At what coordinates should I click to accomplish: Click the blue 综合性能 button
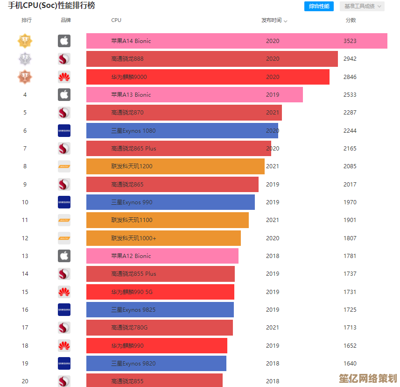click(x=319, y=6)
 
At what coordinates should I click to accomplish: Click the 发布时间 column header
click(x=274, y=21)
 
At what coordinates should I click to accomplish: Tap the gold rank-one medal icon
click(x=25, y=41)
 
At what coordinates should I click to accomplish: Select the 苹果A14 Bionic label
click(x=131, y=41)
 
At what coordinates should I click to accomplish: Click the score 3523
click(x=350, y=41)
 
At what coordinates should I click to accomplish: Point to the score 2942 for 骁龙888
click(x=350, y=59)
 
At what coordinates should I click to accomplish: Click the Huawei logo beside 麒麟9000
click(x=64, y=77)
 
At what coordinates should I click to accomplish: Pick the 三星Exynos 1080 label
click(x=133, y=131)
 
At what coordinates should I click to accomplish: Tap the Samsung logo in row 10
click(x=64, y=202)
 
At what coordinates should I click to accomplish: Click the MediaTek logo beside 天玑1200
click(x=64, y=166)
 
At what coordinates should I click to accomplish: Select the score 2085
click(x=350, y=166)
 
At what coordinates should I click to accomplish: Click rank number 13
click(x=25, y=256)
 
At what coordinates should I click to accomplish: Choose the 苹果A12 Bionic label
click(x=131, y=256)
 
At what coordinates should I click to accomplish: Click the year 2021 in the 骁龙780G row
click(x=273, y=328)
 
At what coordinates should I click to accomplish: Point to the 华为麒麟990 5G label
click(x=132, y=292)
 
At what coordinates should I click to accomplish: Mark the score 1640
click(x=350, y=364)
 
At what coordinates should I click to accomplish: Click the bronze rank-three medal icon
click(x=25, y=77)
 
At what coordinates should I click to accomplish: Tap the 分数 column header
click(x=351, y=21)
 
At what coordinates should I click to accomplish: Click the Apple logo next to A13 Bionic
click(x=64, y=95)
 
